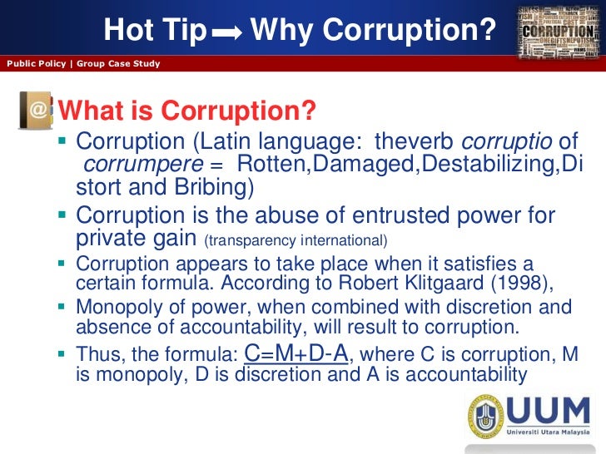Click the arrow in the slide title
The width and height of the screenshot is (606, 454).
pyautogui.click(x=226, y=33)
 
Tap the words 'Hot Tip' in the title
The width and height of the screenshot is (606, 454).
pyautogui.click(x=155, y=31)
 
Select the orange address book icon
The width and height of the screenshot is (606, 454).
pyautogui.click(x=36, y=111)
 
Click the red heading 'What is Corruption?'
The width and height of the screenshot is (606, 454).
pyautogui.click(x=189, y=111)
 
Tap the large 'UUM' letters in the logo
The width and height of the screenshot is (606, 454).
pyautogui.click(x=551, y=413)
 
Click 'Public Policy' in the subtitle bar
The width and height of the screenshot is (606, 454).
pyautogui.click(x=36, y=64)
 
